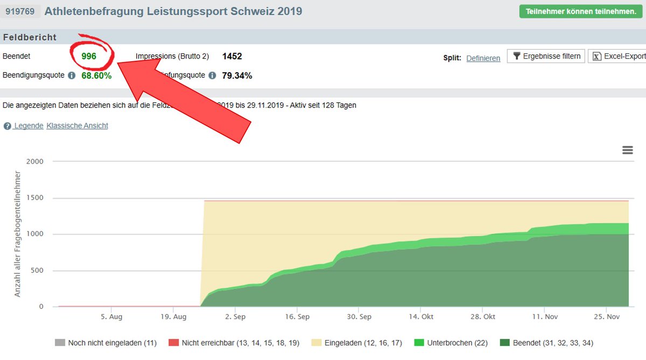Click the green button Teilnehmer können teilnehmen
coord(579,11)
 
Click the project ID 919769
coord(21,11)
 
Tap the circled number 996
coord(89,56)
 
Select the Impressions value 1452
coord(232,56)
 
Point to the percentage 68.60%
coord(96,75)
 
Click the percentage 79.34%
coord(237,75)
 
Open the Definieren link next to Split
coord(483,58)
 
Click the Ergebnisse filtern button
coord(546,56)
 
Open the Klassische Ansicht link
coord(77,126)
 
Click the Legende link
coord(29,126)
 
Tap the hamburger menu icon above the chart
coord(627,150)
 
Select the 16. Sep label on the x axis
coord(297,317)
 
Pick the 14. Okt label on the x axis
coord(420,317)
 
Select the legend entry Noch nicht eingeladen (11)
coord(106,343)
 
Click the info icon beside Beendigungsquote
coord(72,75)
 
